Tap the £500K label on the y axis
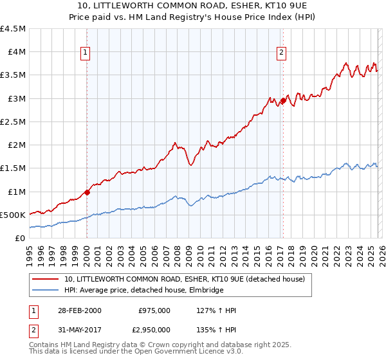click(14, 215)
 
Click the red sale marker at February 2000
click(87, 192)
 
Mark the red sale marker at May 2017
click(282, 100)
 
